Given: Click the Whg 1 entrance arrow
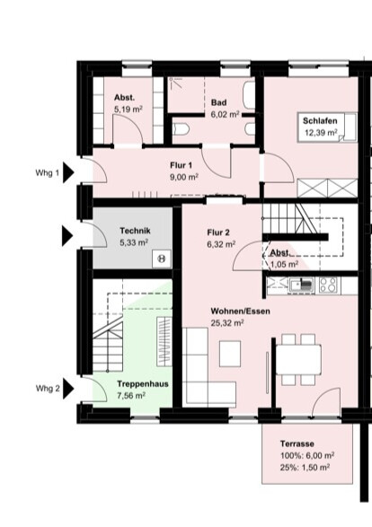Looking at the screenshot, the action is (x=68, y=173).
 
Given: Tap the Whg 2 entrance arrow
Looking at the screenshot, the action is (x=68, y=389).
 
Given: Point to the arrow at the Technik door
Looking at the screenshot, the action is (x=66, y=236).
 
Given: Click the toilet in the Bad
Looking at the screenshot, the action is (x=181, y=129).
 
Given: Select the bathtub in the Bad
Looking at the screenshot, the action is (x=249, y=95).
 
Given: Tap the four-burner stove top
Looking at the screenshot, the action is (x=329, y=285).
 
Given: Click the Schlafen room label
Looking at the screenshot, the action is (x=320, y=120).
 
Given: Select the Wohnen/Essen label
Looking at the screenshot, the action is (x=240, y=311).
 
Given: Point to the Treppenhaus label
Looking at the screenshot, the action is (x=143, y=384).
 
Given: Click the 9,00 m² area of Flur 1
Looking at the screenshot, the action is (x=184, y=177).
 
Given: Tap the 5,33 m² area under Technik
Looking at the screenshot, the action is (x=134, y=242).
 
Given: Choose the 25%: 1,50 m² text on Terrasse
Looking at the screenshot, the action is (x=305, y=467).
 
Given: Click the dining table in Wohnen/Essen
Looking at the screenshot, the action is (x=298, y=359).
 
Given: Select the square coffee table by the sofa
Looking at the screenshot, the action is (x=230, y=354).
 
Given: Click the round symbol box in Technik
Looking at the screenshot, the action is (x=162, y=259).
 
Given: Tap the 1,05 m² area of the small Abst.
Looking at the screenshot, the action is (x=284, y=264).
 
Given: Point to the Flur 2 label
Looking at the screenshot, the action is (x=218, y=233).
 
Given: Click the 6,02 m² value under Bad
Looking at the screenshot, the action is (x=225, y=114).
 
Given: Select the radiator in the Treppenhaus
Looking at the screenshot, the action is (x=164, y=340).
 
